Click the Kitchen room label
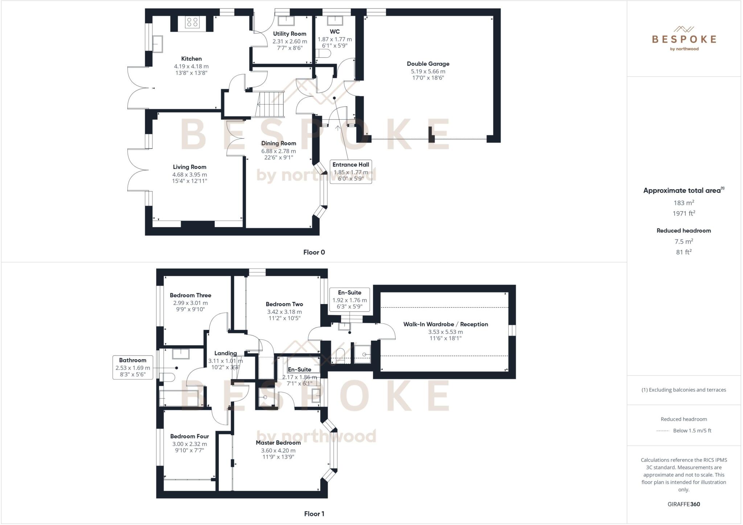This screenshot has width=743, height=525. click(x=191, y=59)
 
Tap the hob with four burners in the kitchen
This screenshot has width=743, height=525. click(x=192, y=22)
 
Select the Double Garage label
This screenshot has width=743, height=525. click(x=428, y=64)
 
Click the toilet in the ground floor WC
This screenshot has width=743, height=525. click(x=323, y=54)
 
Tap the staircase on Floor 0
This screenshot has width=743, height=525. click(x=270, y=104)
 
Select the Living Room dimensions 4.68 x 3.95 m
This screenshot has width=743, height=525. click(x=189, y=175)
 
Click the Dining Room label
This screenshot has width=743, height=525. click(x=279, y=143)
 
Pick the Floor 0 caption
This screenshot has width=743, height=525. click(x=314, y=252)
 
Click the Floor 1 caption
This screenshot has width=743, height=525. click(x=314, y=514)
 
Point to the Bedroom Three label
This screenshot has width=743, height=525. click(x=190, y=295)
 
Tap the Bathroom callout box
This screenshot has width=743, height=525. click(x=133, y=367)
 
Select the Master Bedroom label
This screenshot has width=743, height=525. click(x=278, y=443)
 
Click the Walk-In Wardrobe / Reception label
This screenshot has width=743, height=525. click(x=446, y=324)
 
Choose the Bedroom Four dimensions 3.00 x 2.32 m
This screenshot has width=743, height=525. click(x=189, y=444)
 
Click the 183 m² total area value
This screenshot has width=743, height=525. click(x=684, y=203)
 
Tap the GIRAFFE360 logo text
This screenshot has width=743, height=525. click(x=684, y=504)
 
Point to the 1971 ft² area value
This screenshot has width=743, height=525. click(x=684, y=213)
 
